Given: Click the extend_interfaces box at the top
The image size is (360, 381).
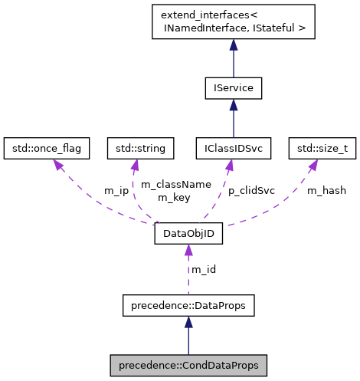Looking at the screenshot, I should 234,21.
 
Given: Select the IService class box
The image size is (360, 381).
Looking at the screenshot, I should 234,88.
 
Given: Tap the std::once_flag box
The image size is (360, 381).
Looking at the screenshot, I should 47,146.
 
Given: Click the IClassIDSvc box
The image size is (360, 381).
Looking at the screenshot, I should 233,146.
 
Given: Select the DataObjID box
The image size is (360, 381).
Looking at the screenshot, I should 188,233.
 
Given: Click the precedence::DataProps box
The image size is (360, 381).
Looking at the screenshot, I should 188,306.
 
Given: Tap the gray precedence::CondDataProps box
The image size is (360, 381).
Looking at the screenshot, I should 188,365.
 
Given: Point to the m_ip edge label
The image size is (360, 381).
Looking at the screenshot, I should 116,190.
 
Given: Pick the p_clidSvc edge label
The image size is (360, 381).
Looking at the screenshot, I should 251,190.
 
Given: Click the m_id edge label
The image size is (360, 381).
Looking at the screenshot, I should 203,269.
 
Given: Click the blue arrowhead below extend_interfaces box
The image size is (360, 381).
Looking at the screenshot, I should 234,47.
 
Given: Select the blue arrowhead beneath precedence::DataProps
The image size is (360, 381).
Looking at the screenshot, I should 188,324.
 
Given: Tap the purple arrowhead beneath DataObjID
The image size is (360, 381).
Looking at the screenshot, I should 188,251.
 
